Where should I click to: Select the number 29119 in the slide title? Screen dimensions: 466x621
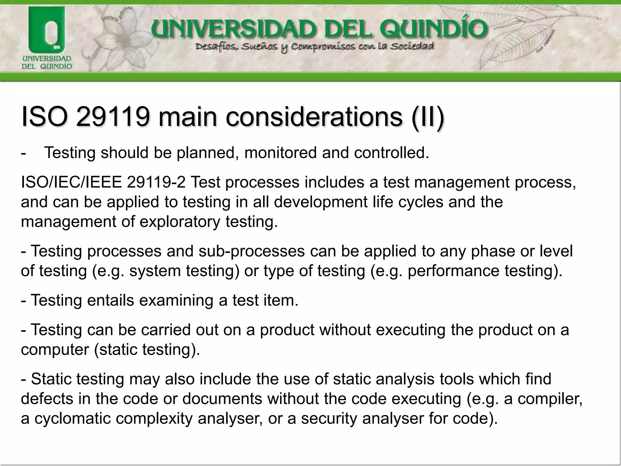click(113, 117)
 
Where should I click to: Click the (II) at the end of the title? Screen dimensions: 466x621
click(428, 117)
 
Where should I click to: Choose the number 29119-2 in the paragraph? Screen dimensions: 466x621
click(156, 182)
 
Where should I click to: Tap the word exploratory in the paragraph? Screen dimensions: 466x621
click(180, 221)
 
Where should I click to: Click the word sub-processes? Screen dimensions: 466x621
click(251, 251)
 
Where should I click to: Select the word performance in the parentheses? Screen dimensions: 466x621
click(453, 271)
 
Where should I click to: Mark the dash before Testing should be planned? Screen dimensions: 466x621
click(24, 153)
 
